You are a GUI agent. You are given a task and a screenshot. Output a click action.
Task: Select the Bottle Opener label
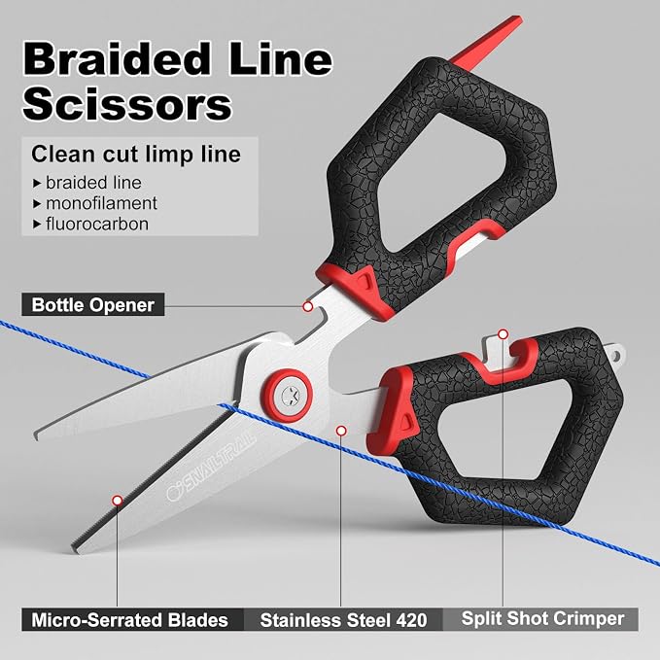[93, 305]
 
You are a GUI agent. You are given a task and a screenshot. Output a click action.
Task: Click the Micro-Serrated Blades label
[129, 620]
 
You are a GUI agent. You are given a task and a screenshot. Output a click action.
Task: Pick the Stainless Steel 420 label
[343, 620]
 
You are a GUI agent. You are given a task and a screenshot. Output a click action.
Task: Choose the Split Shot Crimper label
[542, 618]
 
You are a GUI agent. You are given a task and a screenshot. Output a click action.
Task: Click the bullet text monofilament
[101, 203]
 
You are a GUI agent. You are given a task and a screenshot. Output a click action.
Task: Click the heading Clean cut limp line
[136, 154]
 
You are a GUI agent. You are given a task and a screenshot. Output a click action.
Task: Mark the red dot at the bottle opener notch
[308, 306]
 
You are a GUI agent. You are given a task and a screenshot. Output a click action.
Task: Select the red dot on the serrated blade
[118, 501]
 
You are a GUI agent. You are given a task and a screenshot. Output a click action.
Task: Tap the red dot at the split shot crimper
[503, 334]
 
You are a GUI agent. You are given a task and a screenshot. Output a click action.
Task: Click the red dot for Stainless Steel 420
[341, 431]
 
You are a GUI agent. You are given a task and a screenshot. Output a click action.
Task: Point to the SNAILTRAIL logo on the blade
[211, 469]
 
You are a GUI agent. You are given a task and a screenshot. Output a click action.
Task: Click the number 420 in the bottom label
[411, 620]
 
